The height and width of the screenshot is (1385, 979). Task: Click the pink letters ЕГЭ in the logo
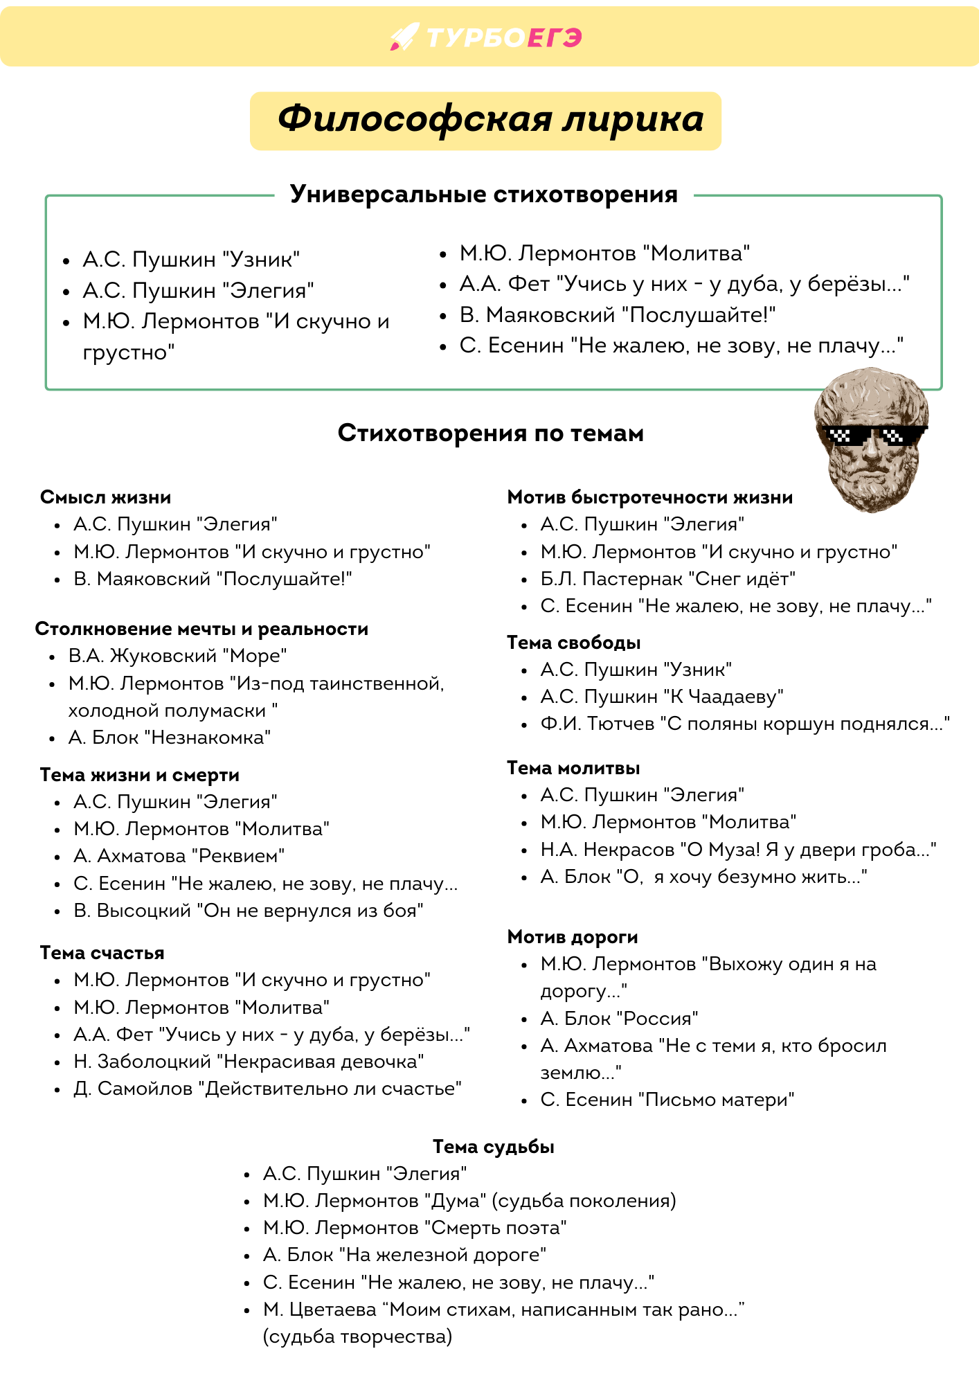554,37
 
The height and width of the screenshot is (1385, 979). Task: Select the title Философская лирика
490,120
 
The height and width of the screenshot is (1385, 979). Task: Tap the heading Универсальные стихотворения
484,195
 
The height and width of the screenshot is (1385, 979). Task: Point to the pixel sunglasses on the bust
872,436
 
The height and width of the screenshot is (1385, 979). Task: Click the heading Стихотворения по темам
490,434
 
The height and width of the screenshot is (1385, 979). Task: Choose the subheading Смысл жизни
105,497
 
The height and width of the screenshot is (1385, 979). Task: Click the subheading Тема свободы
573,643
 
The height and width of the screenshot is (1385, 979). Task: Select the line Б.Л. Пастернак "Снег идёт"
667,579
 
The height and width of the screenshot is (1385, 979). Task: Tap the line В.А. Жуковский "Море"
177,656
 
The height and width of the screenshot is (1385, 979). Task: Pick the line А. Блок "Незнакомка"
169,738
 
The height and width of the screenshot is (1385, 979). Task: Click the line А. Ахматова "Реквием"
179,856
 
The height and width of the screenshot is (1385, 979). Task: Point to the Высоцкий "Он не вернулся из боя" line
249,911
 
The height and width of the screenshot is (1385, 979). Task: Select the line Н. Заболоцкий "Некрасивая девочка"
249,1062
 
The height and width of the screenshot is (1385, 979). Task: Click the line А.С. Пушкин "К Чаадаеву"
662,697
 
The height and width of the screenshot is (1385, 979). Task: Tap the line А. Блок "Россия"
619,1019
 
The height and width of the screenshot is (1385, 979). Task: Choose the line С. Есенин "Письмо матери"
667,1100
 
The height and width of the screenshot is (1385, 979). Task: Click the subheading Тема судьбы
493,1147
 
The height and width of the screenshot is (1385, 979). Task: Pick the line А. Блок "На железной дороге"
404,1255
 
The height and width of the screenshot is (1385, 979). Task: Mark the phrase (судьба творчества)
357,1337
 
